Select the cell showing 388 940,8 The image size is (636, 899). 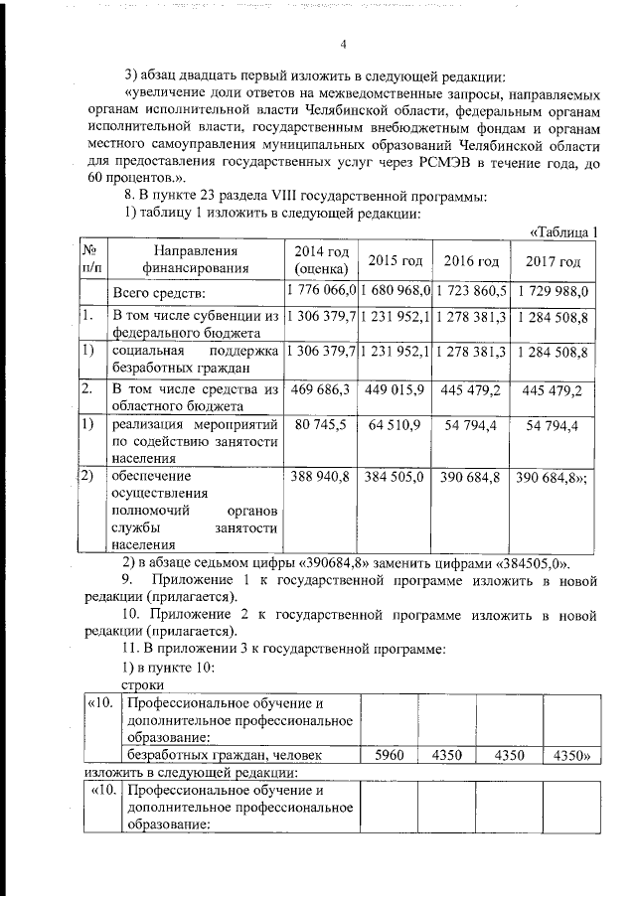click(x=320, y=477)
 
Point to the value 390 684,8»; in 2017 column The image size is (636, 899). click(x=553, y=477)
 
